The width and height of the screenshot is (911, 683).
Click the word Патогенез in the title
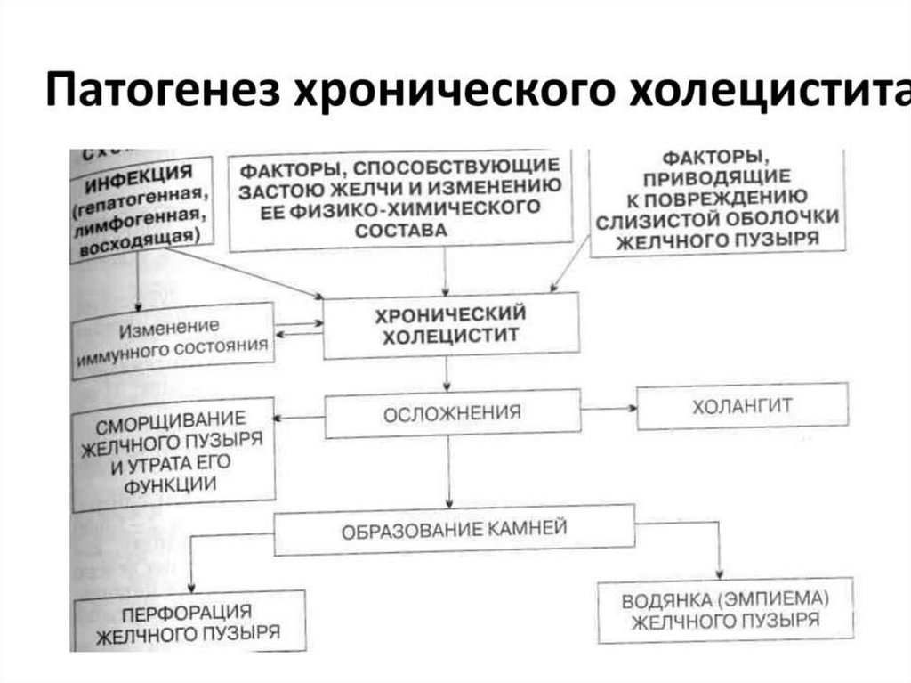pyautogui.click(x=161, y=92)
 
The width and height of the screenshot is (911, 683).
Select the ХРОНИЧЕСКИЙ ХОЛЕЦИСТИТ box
pyautogui.click(x=451, y=326)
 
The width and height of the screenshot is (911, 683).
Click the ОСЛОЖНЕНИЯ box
pyautogui.click(x=452, y=414)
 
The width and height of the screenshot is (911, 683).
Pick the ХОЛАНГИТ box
pyautogui.click(x=742, y=406)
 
